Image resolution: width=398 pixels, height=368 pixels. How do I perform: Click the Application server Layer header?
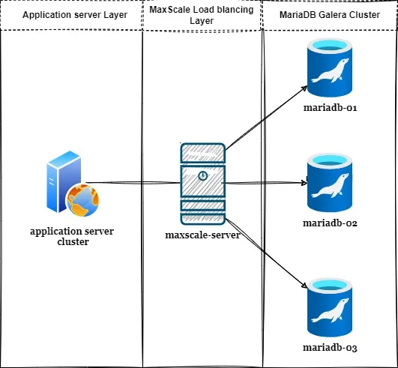click(71, 15)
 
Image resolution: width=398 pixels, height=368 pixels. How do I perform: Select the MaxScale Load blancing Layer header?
click(202, 15)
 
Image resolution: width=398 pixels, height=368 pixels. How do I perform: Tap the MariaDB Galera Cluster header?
click(330, 15)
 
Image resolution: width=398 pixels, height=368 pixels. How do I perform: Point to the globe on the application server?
click(82, 197)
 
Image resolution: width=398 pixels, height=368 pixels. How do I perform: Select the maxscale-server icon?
click(202, 183)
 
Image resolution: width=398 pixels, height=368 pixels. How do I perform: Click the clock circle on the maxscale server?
click(202, 175)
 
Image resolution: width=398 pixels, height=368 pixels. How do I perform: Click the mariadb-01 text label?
click(330, 108)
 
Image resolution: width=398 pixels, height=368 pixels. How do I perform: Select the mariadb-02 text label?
click(330, 224)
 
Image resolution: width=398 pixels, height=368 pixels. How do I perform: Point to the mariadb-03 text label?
click(330, 348)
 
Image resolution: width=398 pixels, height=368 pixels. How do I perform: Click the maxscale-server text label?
click(202, 235)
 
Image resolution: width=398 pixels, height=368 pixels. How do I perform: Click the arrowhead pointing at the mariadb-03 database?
click(304, 286)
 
